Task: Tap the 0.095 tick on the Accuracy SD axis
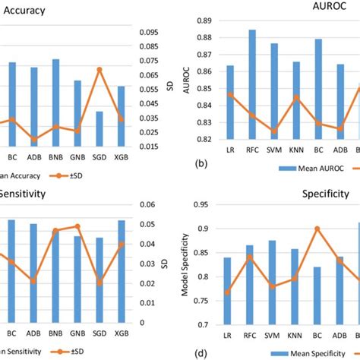(x=151, y=32)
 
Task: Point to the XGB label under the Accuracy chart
(x=121, y=158)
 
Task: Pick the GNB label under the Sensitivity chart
(x=77, y=333)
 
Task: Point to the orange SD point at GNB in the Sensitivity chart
(x=77, y=226)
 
